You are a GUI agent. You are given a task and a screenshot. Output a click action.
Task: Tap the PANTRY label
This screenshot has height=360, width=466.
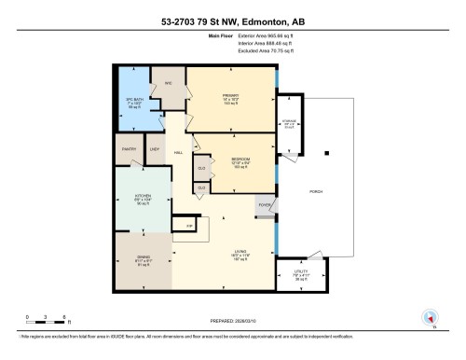pos(129,149)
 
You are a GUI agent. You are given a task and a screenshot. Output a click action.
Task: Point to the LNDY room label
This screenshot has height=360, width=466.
pos(156,149)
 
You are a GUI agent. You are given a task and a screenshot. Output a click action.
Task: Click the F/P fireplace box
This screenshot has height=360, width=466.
pos(189,226)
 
